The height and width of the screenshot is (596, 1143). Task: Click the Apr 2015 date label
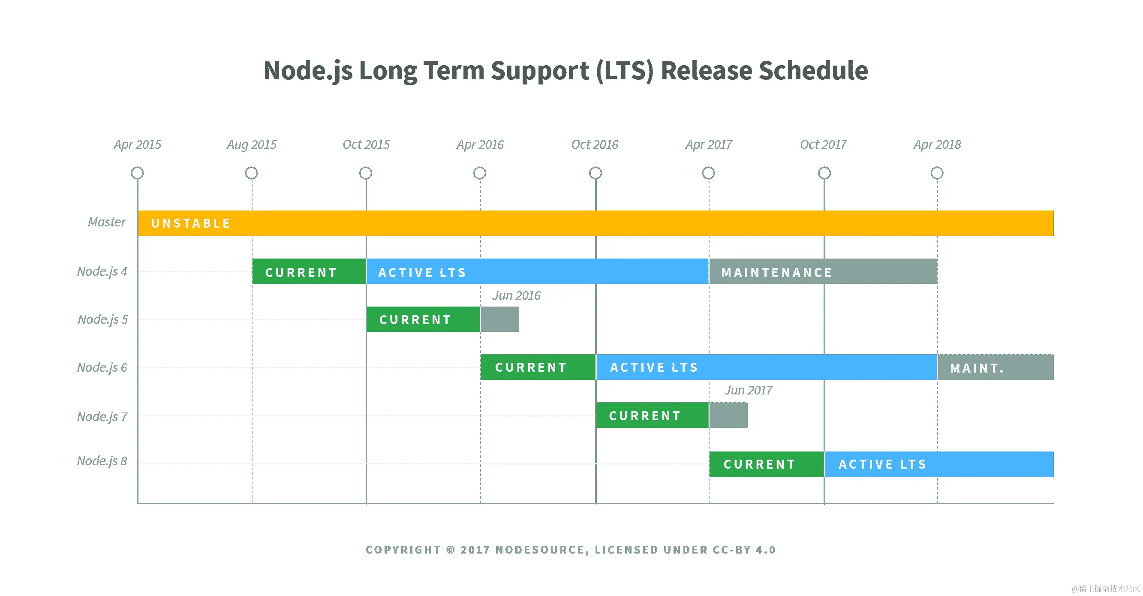coord(138,144)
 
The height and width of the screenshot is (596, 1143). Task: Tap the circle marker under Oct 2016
coord(596,173)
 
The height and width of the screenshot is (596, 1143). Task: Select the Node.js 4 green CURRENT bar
coord(309,271)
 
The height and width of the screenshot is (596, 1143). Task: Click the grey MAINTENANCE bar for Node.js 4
coord(823,271)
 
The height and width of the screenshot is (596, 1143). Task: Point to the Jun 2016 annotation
coord(517,295)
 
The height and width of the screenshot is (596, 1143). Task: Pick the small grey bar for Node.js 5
coord(499,319)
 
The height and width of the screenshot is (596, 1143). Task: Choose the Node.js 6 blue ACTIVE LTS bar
coord(766,367)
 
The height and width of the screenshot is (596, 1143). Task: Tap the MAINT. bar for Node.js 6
coord(995,367)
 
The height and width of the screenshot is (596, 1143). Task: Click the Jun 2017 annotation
coord(749,391)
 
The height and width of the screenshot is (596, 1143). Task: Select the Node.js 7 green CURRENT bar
coord(652,415)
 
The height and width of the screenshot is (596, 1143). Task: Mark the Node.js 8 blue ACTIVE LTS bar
coord(939,464)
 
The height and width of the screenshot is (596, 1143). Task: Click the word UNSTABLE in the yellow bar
coord(191,223)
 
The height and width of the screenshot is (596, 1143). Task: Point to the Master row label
coord(107,222)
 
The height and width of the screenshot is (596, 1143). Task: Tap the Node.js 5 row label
coord(103,319)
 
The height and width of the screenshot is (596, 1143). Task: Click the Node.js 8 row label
coord(102,461)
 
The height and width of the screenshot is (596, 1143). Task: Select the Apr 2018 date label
coord(937,144)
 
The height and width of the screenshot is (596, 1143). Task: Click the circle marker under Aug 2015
coord(252,173)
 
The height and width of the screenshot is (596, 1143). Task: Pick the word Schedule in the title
coord(813,71)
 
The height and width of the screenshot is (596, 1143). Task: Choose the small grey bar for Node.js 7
coord(728,415)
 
